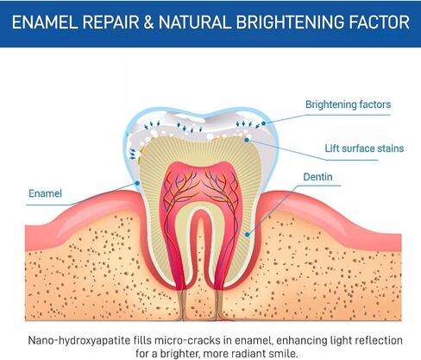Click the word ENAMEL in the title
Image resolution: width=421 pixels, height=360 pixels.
[x=45, y=22]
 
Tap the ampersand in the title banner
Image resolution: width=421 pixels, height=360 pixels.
[x=148, y=22]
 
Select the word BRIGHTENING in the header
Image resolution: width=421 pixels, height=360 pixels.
[x=290, y=22]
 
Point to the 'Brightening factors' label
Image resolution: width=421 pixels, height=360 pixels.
[x=348, y=104]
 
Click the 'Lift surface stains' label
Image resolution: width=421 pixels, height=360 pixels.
[x=364, y=148]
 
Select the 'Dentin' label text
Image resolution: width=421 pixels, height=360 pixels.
[x=317, y=177]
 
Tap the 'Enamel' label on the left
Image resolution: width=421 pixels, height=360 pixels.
[x=45, y=193]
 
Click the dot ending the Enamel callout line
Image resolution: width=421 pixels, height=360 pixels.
[x=137, y=183]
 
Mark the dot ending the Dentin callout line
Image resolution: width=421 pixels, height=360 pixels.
[x=247, y=235]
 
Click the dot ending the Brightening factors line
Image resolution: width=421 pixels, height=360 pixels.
[x=263, y=123]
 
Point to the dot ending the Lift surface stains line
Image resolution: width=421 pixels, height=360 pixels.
[x=247, y=140]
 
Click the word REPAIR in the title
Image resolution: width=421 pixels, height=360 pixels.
[x=110, y=22]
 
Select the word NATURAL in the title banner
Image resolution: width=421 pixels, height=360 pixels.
[x=195, y=22]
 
